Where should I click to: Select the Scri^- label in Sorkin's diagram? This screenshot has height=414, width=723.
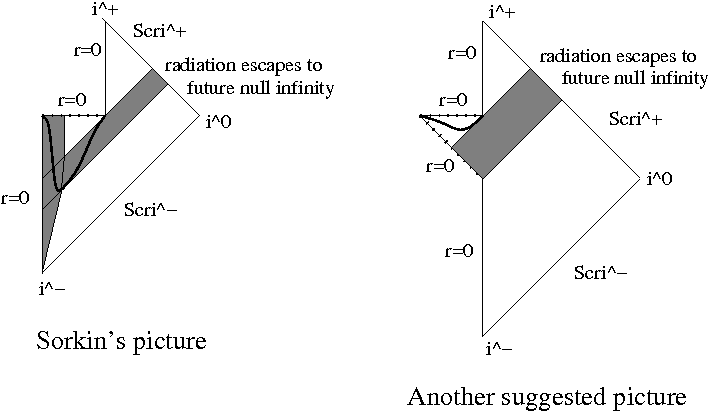[x=149, y=211]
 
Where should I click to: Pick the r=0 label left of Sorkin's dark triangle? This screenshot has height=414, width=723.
[x=15, y=197]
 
